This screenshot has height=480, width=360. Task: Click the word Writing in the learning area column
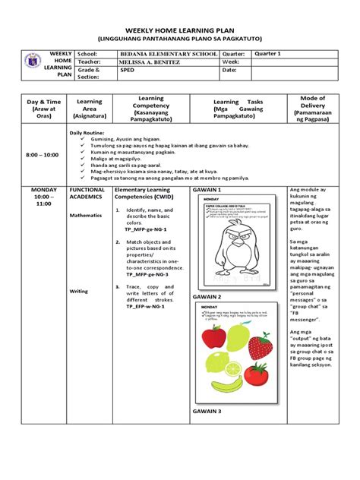click(78, 291)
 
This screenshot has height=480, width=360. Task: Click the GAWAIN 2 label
click(207, 297)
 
